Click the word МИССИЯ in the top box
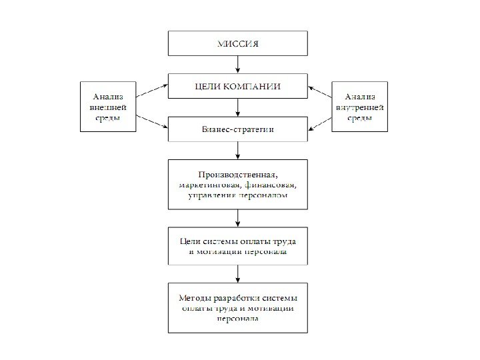click(x=238, y=44)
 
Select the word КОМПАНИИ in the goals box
click(x=253, y=87)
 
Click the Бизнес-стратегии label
click(x=238, y=129)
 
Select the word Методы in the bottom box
click(x=195, y=297)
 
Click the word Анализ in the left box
click(x=108, y=96)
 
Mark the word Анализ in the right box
click(x=360, y=96)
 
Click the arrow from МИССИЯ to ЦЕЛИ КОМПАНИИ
click(x=238, y=65)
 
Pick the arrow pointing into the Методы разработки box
click(x=238, y=273)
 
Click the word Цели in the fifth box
click(x=191, y=241)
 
